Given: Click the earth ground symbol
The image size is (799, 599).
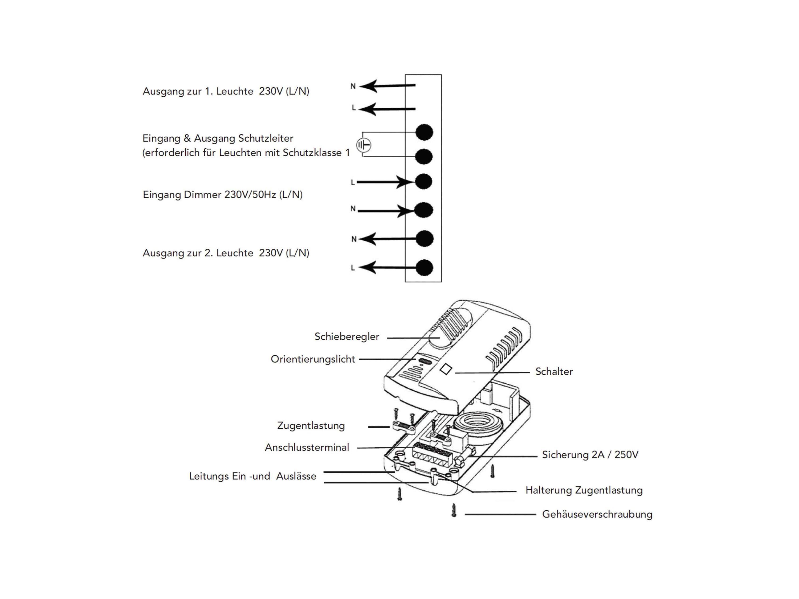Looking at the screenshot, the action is tap(364, 145).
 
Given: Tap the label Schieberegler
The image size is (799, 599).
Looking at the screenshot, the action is tap(347, 337).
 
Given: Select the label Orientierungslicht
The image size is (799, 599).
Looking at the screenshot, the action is tap(313, 359).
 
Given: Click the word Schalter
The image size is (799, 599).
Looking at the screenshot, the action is tap(554, 372).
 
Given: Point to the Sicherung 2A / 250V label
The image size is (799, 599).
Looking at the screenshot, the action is tap(590, 455).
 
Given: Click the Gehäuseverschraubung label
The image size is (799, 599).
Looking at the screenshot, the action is tap(597, 514).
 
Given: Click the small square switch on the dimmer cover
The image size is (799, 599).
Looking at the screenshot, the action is tap(446, 369).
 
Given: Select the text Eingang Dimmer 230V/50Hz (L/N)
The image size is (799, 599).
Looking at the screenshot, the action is tap(222, 195).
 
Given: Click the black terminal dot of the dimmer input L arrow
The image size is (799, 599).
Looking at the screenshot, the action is tap(424, 181).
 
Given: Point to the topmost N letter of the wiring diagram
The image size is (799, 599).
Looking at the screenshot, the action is tap(353, 86).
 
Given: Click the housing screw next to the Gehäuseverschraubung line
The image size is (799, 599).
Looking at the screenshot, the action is tap(454, 510).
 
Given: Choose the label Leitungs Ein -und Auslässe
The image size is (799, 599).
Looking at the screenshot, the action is tap(252, 476).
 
